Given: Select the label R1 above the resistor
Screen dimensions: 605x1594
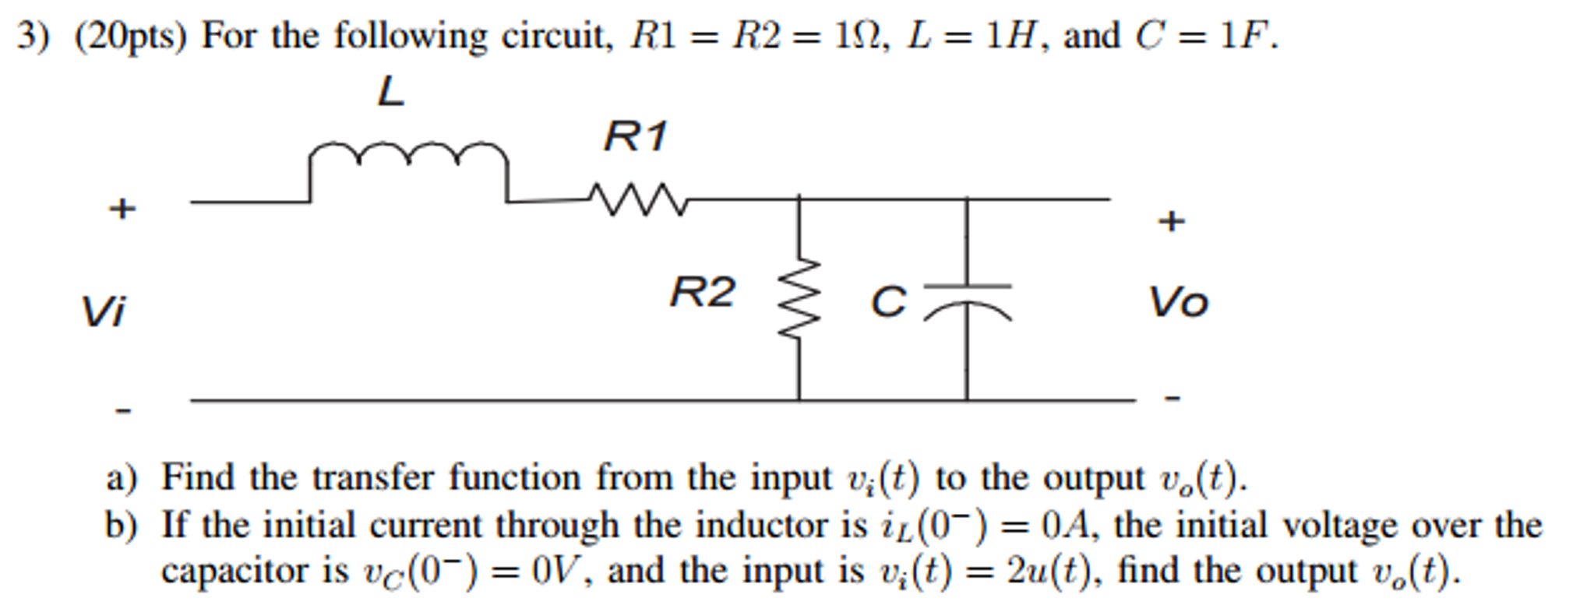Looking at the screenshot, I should tap(636, 137).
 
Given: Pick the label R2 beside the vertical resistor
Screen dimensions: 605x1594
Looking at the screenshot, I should tap(702, 293).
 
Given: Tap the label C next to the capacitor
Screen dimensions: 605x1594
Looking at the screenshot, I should tap(889, 302).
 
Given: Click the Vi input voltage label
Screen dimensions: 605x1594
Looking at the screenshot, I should tap(103, 311).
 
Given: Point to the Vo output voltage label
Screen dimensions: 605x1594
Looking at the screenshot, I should tap(1179, 302).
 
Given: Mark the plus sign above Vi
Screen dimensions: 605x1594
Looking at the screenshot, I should tap(122, 209).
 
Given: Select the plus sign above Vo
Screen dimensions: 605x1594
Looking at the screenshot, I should tap(1171, 221).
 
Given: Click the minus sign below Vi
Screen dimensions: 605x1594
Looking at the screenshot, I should tap(123, 410).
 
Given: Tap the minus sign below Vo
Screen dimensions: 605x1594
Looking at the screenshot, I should tap(1173, 398).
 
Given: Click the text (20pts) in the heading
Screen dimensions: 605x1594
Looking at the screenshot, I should tap(131, 36).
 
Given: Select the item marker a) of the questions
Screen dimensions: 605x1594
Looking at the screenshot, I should tap(122, 478).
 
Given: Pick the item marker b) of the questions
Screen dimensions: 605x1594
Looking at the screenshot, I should tap(122, 526).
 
